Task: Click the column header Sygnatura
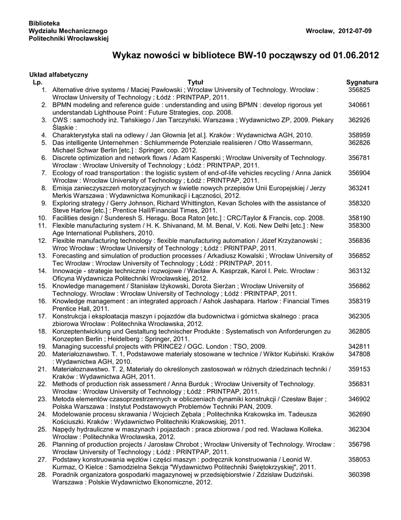(362, 82)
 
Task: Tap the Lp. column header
(38, 82)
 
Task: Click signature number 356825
(359, 89)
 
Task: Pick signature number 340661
(359, 105)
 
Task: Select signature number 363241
(359, 188)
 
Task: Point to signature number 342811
(359, 346)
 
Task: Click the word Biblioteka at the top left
(44, 23)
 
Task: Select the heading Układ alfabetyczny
(58, 75)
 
